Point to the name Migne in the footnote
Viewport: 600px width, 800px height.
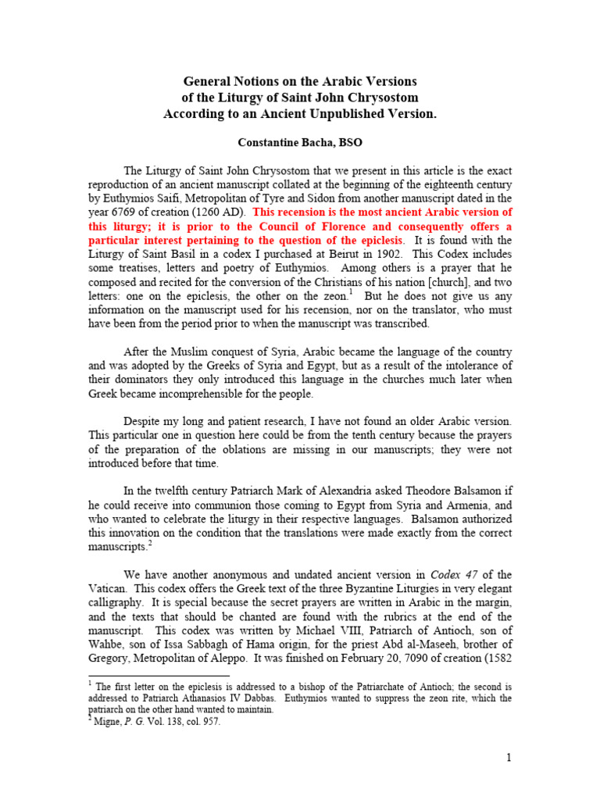(107, 722)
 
